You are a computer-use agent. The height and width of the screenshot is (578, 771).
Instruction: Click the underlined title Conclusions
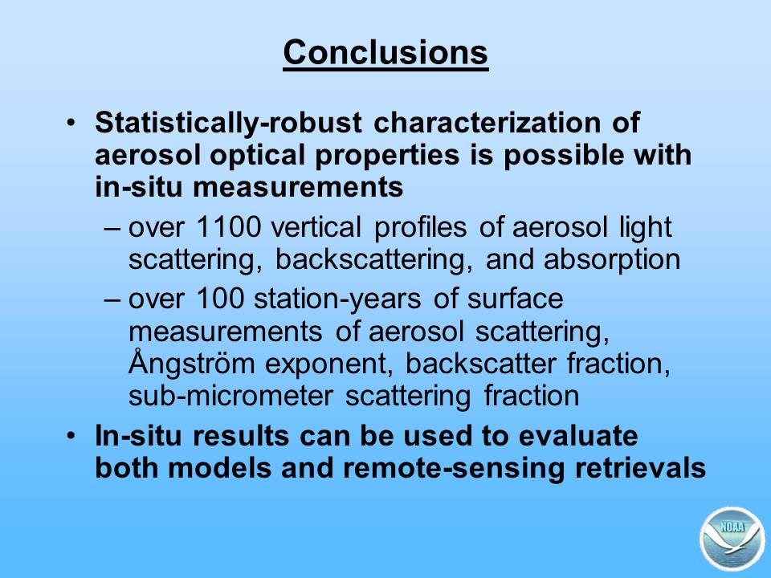click(x=385, y=53)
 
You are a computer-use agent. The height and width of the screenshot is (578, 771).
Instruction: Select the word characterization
click(x=487, y=122)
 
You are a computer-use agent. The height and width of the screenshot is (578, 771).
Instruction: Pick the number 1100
click(x=228, y=227)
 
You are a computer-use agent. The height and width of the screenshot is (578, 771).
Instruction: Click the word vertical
click(x=316, y=227)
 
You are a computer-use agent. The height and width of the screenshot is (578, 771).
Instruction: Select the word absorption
click(x=612, y=260)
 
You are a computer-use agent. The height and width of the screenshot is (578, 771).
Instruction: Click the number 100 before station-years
click(x=220, y=299)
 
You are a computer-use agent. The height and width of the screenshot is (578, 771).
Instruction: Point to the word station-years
click(x=337, y=299)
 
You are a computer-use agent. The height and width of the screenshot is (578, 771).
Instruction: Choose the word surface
click(x=515, y=299)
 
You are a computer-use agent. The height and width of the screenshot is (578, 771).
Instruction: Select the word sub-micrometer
click(x=230, y=396)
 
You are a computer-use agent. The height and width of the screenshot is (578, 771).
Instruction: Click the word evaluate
click(x=578, y=436)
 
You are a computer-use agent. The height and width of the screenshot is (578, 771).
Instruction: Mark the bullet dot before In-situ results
click(x=71, y=436)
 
